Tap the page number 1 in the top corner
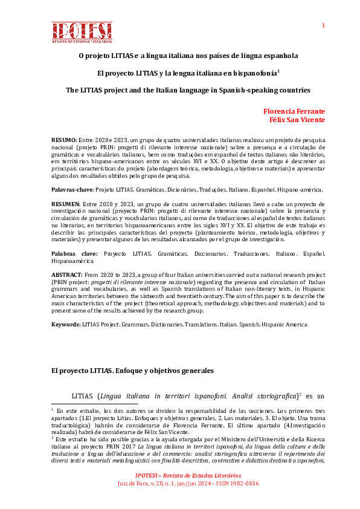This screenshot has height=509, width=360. [x=323, y=25]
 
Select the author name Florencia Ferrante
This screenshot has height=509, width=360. [x=294, y=111]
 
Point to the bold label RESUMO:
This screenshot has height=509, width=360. [x=64, y=139]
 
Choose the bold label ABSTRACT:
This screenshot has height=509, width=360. [x=66, y=274]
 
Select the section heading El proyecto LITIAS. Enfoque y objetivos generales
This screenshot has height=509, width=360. [x=132, y=370]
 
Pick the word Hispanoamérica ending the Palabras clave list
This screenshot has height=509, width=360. [x=74, y=261]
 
